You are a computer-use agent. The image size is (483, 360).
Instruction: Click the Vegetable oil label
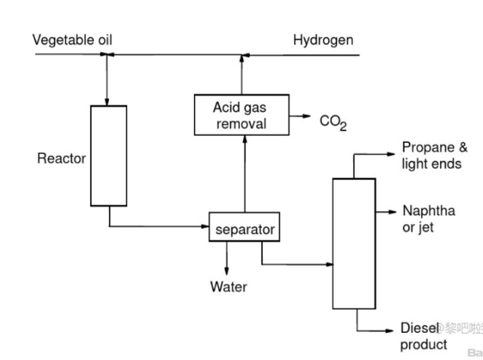click(73, 40)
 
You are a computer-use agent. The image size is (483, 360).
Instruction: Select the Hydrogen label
click(323, 40)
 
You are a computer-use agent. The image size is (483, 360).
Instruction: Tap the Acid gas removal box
click(241, 115)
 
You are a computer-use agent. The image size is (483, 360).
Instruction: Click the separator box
click(244, 229)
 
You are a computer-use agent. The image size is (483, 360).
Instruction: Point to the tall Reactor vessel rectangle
click(108, 156)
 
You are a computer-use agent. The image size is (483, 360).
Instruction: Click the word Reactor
click(61, 159)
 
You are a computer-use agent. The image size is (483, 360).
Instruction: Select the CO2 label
click(333, 122)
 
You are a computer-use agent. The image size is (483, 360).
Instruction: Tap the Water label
click(228, 286)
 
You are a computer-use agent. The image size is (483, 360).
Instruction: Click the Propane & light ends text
click(434, 156)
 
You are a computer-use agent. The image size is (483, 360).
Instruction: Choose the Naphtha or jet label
click(428, 219)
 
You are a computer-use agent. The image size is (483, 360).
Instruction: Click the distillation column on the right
click(354, 243)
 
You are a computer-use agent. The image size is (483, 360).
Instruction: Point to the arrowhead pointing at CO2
click(307, 116)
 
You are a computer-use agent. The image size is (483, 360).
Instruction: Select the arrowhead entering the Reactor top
click(108, 101)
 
